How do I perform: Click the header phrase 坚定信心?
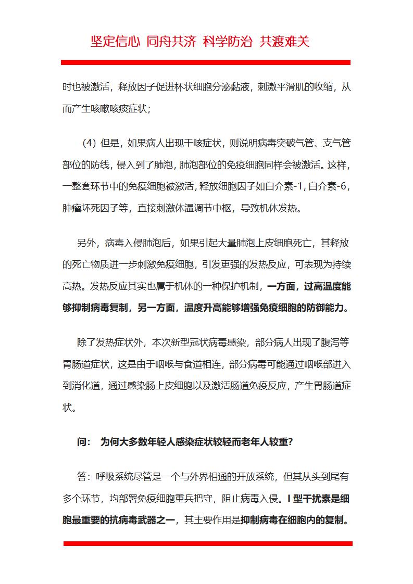pyautogui.click(x=115, y=42)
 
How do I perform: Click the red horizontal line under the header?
pyautogui.click(x=206, y=62)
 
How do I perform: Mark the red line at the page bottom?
pyautogui.click(x=208, y=543)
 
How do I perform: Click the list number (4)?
pyautogui.click(x=90, y=143)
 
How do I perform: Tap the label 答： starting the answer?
pyautogui.click(x=84, y=476)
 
